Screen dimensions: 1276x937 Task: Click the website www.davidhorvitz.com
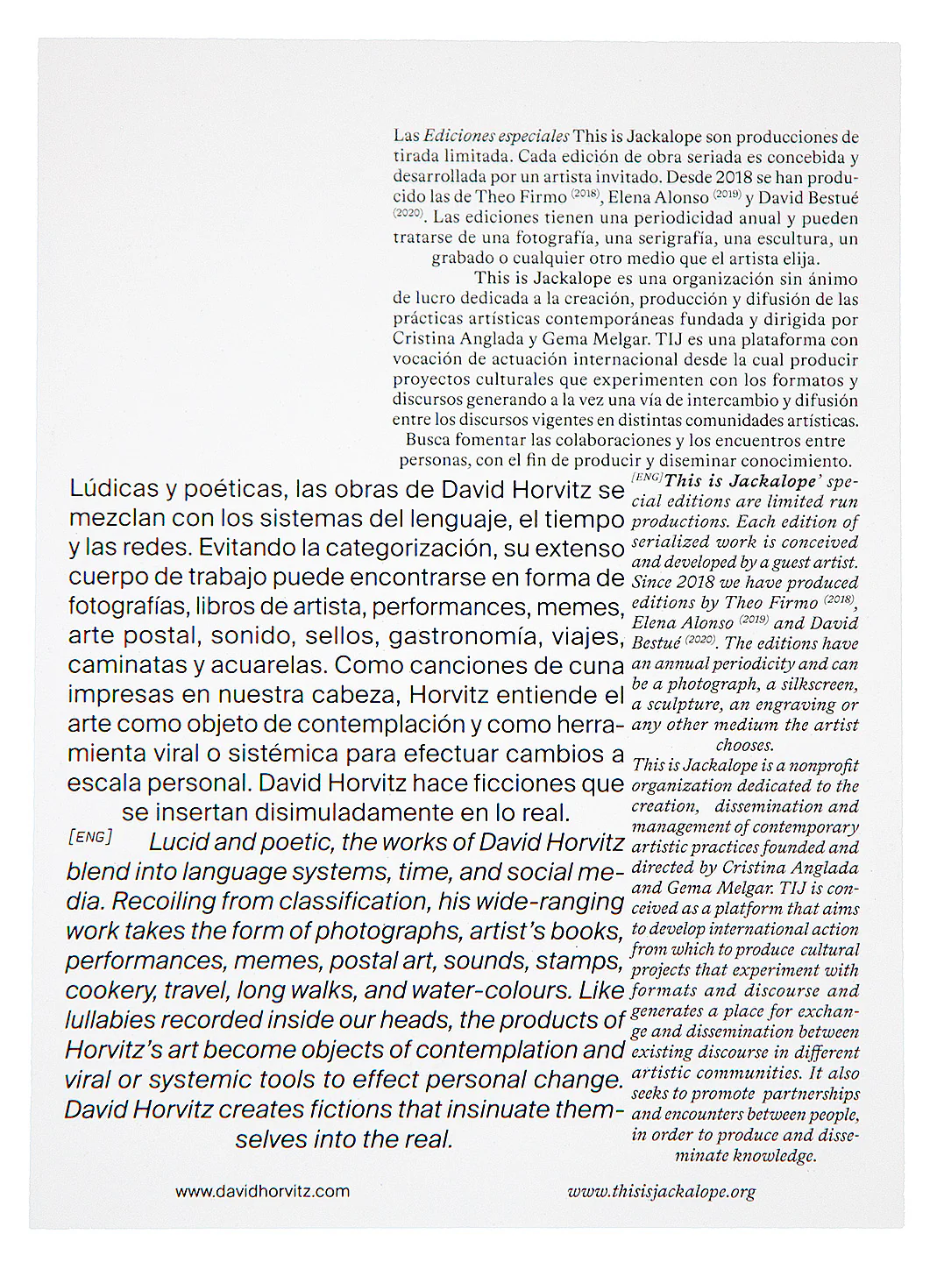click(262, 1192)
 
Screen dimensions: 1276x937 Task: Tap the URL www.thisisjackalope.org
click(661, 1192)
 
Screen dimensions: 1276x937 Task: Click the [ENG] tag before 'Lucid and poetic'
click(89, 837)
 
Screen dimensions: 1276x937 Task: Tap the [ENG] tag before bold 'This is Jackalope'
click(646, 477)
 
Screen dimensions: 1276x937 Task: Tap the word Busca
click(429, 441)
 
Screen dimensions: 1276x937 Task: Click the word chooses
click(745, 746)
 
